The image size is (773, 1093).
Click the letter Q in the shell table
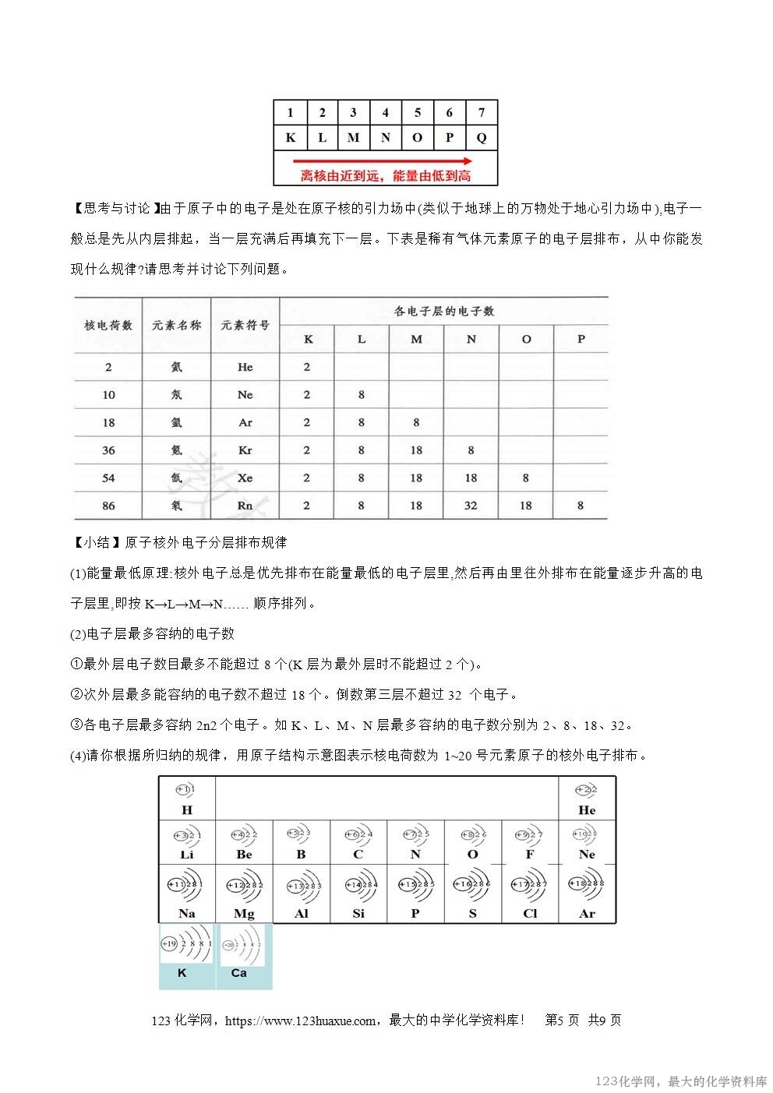pyautogui.click(x=482, y=138)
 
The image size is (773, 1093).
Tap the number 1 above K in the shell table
pyautogui.click(x=291, y=112)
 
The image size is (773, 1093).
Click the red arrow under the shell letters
pyautogui.click(x=386, y=161)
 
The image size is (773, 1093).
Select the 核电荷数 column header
pyautogui.click(x=108, y=325)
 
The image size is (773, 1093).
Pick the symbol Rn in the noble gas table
pyautogui.click(x=245, y=506)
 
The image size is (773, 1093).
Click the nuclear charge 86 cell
pyautogui.click(x=108, y=506)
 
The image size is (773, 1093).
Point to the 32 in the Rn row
pyautogui.click(x=471, y=506)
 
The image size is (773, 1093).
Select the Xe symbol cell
pyautogui.click(x=245, y=478)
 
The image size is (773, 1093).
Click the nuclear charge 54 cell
pyautogui.click(x=108, y=478)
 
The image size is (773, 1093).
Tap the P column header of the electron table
pyautogui.click(x=581, y=340)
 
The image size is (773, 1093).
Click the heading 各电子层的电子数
pyautogui.click(x=444, y=311)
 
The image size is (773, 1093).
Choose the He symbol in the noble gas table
pyautogui.click(x=245, y=367)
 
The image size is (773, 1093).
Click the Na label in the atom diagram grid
pyautogui.click(x=186, y=914)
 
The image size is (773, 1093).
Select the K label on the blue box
pyautogui.click(x=182, y=973)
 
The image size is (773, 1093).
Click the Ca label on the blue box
pyautogui.click(x=239, y=973)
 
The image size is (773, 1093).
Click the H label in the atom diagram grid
pyautogui.click(x=186, y=810)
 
